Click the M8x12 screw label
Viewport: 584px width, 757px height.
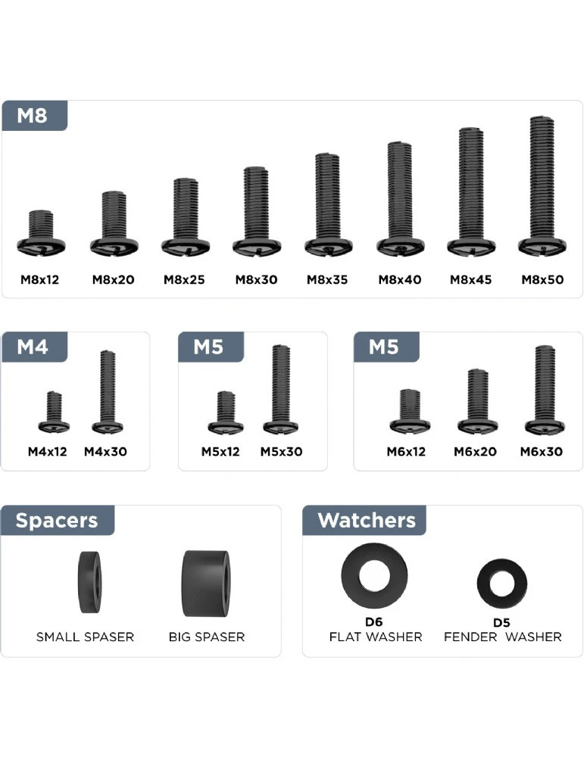click(x=39, y=279)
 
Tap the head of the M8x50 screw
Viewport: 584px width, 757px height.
click(x=542, y=246)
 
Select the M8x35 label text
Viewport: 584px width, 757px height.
click(x=327, y=279)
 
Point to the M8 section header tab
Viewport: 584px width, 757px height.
click(x=34, y=116)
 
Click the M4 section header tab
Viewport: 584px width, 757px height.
click(x=34, y=347)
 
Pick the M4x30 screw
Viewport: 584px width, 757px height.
click(x=108, y=391)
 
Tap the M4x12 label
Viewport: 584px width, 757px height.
click(x=47, y=451)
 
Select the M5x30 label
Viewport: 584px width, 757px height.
click(x=281, y=451)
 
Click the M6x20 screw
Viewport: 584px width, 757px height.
click(x=477, y=402)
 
